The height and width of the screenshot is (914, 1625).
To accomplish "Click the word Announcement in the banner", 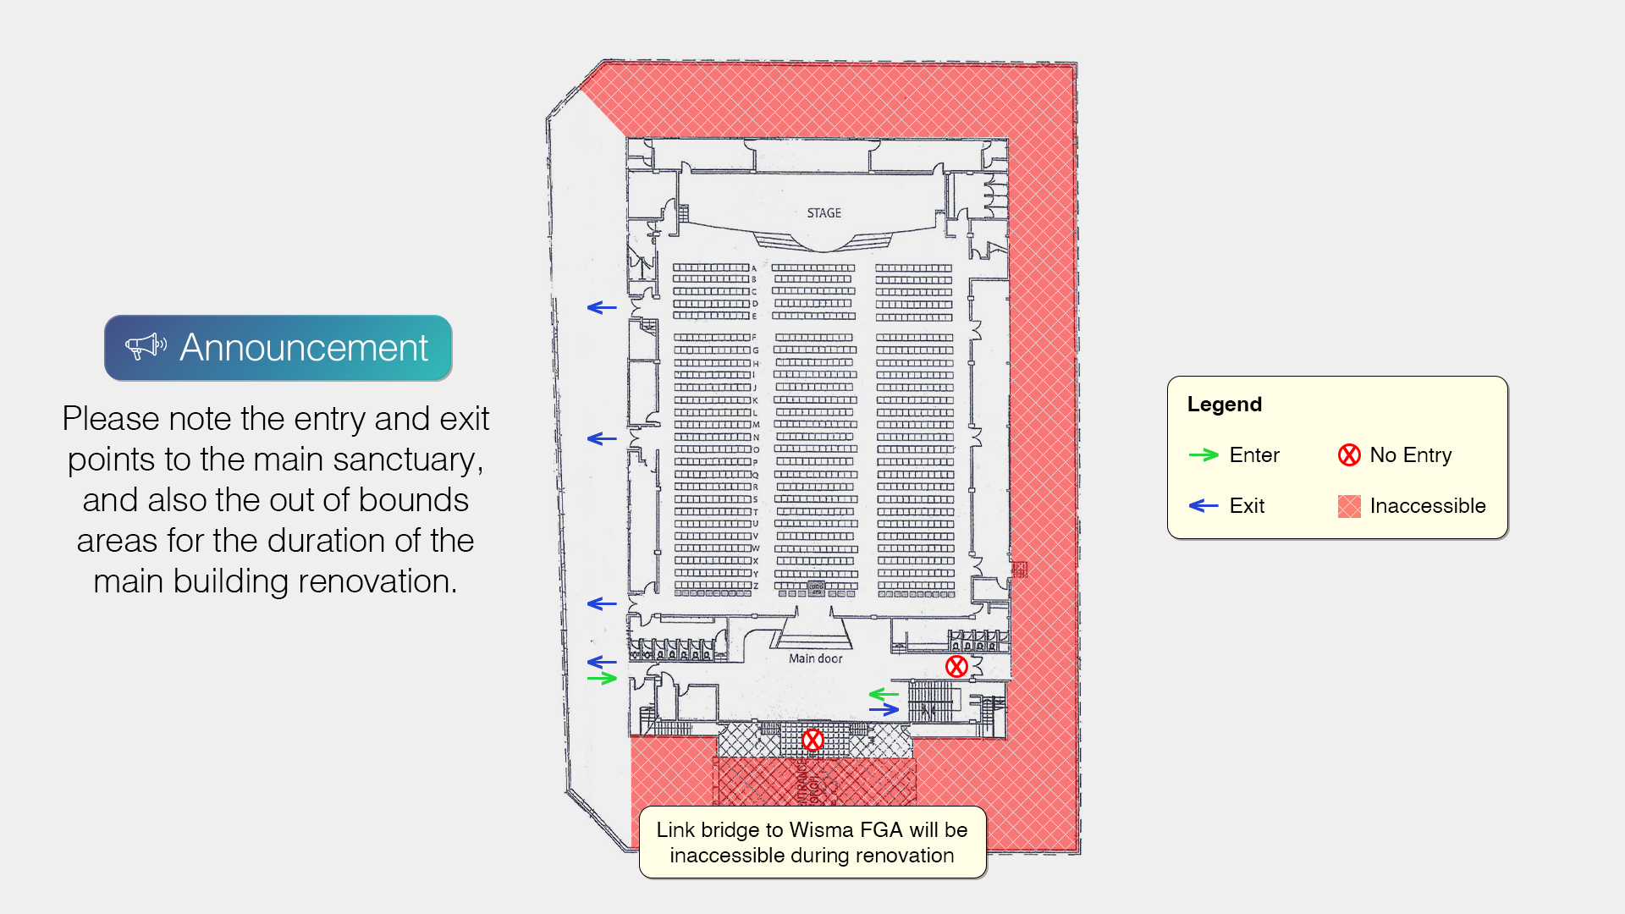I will point(304,348).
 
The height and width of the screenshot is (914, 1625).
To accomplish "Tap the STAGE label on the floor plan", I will point(824,213).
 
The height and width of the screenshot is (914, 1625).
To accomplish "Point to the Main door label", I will point(815,658).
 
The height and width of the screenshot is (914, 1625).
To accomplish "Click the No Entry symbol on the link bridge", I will point(812,741).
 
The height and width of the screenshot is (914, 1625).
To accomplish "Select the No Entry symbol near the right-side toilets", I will point(956,667).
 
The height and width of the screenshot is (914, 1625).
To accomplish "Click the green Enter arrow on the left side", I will point(602,679).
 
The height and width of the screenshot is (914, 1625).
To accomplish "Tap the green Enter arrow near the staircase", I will point(884,695).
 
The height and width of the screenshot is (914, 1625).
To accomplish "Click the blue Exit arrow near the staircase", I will point(884,710).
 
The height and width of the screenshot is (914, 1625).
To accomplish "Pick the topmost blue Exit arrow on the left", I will point(602,308).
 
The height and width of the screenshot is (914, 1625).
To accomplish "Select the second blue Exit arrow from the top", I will point(602,438).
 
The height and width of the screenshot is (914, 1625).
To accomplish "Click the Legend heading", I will point(1224,405).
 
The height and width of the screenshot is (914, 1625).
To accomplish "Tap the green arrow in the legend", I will point(1203,455).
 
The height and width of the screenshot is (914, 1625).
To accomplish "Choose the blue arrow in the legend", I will point(1203,506).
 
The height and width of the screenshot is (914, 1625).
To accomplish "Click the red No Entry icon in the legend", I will point(1349,455).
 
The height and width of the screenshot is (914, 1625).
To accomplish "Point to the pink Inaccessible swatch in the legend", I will point(1349,506).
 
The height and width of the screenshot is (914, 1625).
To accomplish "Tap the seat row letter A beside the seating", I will point(754,268).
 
